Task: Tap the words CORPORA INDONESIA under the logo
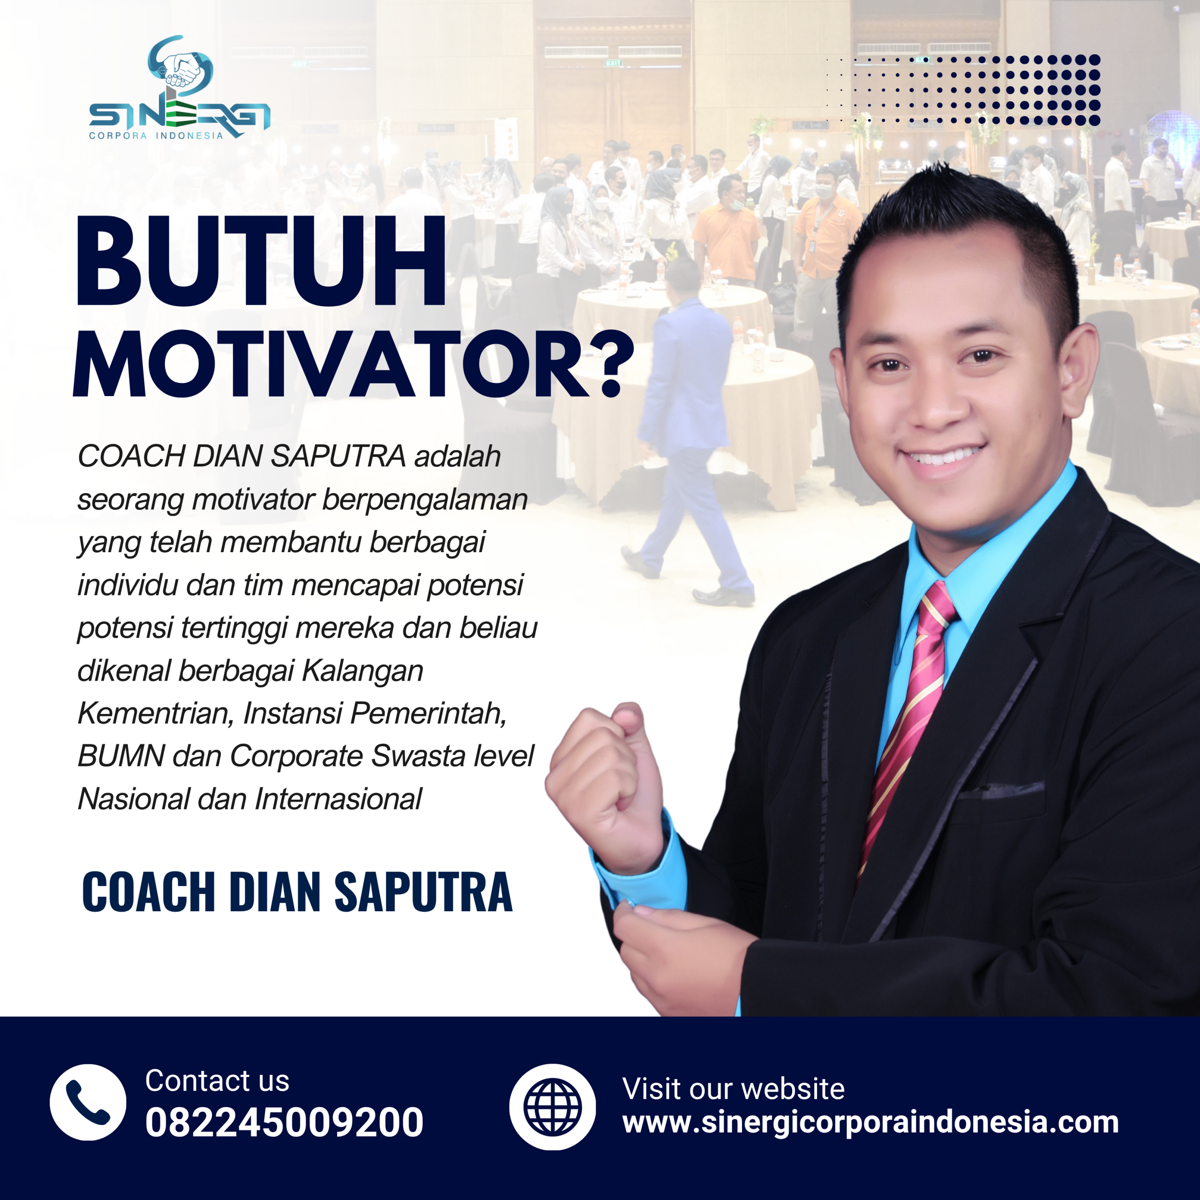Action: pos(156,135)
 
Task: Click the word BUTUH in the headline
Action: pos(261,262)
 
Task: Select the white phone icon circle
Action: pos(88,1102)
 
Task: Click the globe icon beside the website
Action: pos(552,1107)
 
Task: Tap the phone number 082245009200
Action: pos(284,1123)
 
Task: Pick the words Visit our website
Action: pos(733,1089)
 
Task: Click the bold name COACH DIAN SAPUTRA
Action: pos(297,892)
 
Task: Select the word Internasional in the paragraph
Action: pos(338,799)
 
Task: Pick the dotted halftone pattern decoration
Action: pos(963,90)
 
